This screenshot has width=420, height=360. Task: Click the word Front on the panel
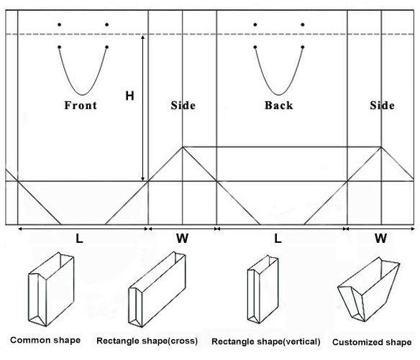click(x=81, y=105)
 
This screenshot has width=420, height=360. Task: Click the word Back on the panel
click(x=278, y=105)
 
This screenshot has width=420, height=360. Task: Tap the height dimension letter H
click(x=129, y=96)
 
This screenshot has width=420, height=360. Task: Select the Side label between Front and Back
click(x=183, y=105)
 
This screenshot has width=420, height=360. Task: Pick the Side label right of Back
click(x=382, y=105)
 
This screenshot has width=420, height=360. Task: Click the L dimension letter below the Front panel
click(x=79, y=239)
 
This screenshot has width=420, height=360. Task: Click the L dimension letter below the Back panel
click(x=278, y=239)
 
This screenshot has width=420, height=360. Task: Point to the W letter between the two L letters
click(x=183, y=239)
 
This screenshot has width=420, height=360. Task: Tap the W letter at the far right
click(x=381, y=239)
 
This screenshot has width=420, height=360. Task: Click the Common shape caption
click(x=45, y=340)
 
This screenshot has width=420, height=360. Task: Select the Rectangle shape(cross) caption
click(x=147, y=341)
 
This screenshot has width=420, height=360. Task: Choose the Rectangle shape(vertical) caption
click(x=266, y=341)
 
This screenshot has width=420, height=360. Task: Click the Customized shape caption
click(x=372, y=342)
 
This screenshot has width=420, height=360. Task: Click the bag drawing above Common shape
click(x=51, y=289)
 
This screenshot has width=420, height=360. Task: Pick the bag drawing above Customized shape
click(x=368, y=290)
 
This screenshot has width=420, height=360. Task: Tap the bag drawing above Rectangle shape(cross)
click(x=157, y=290)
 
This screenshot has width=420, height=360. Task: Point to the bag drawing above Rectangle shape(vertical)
click(x=262, y=289)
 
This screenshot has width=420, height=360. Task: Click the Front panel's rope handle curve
click(x=83, y=95)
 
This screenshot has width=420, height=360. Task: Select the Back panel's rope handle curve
click(x=278, y=95)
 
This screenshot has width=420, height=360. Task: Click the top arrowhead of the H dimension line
click(x=143, y=37)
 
